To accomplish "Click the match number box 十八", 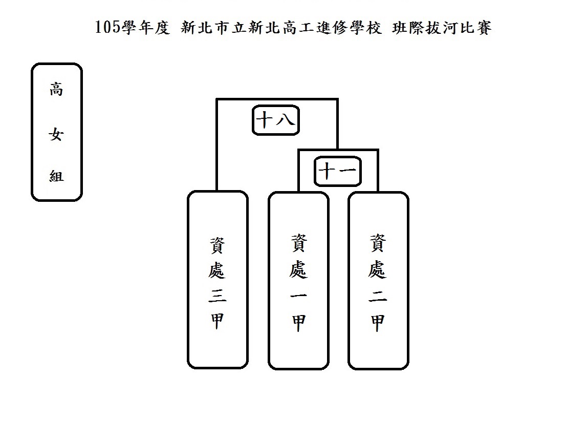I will click(x=275, y=121).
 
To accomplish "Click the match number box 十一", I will click(x=338, y=172).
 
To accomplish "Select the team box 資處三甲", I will click(x=218, y=280).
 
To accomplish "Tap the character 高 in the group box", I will click(x=56, y=90).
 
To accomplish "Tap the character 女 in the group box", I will click(x=56, y=135).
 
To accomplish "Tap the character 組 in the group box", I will click(x=56, y=176).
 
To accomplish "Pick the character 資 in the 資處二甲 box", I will click(x=378, y=243).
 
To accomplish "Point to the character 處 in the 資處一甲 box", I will click(x=298, y=269).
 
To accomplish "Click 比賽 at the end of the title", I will click(x=479, y=28).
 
